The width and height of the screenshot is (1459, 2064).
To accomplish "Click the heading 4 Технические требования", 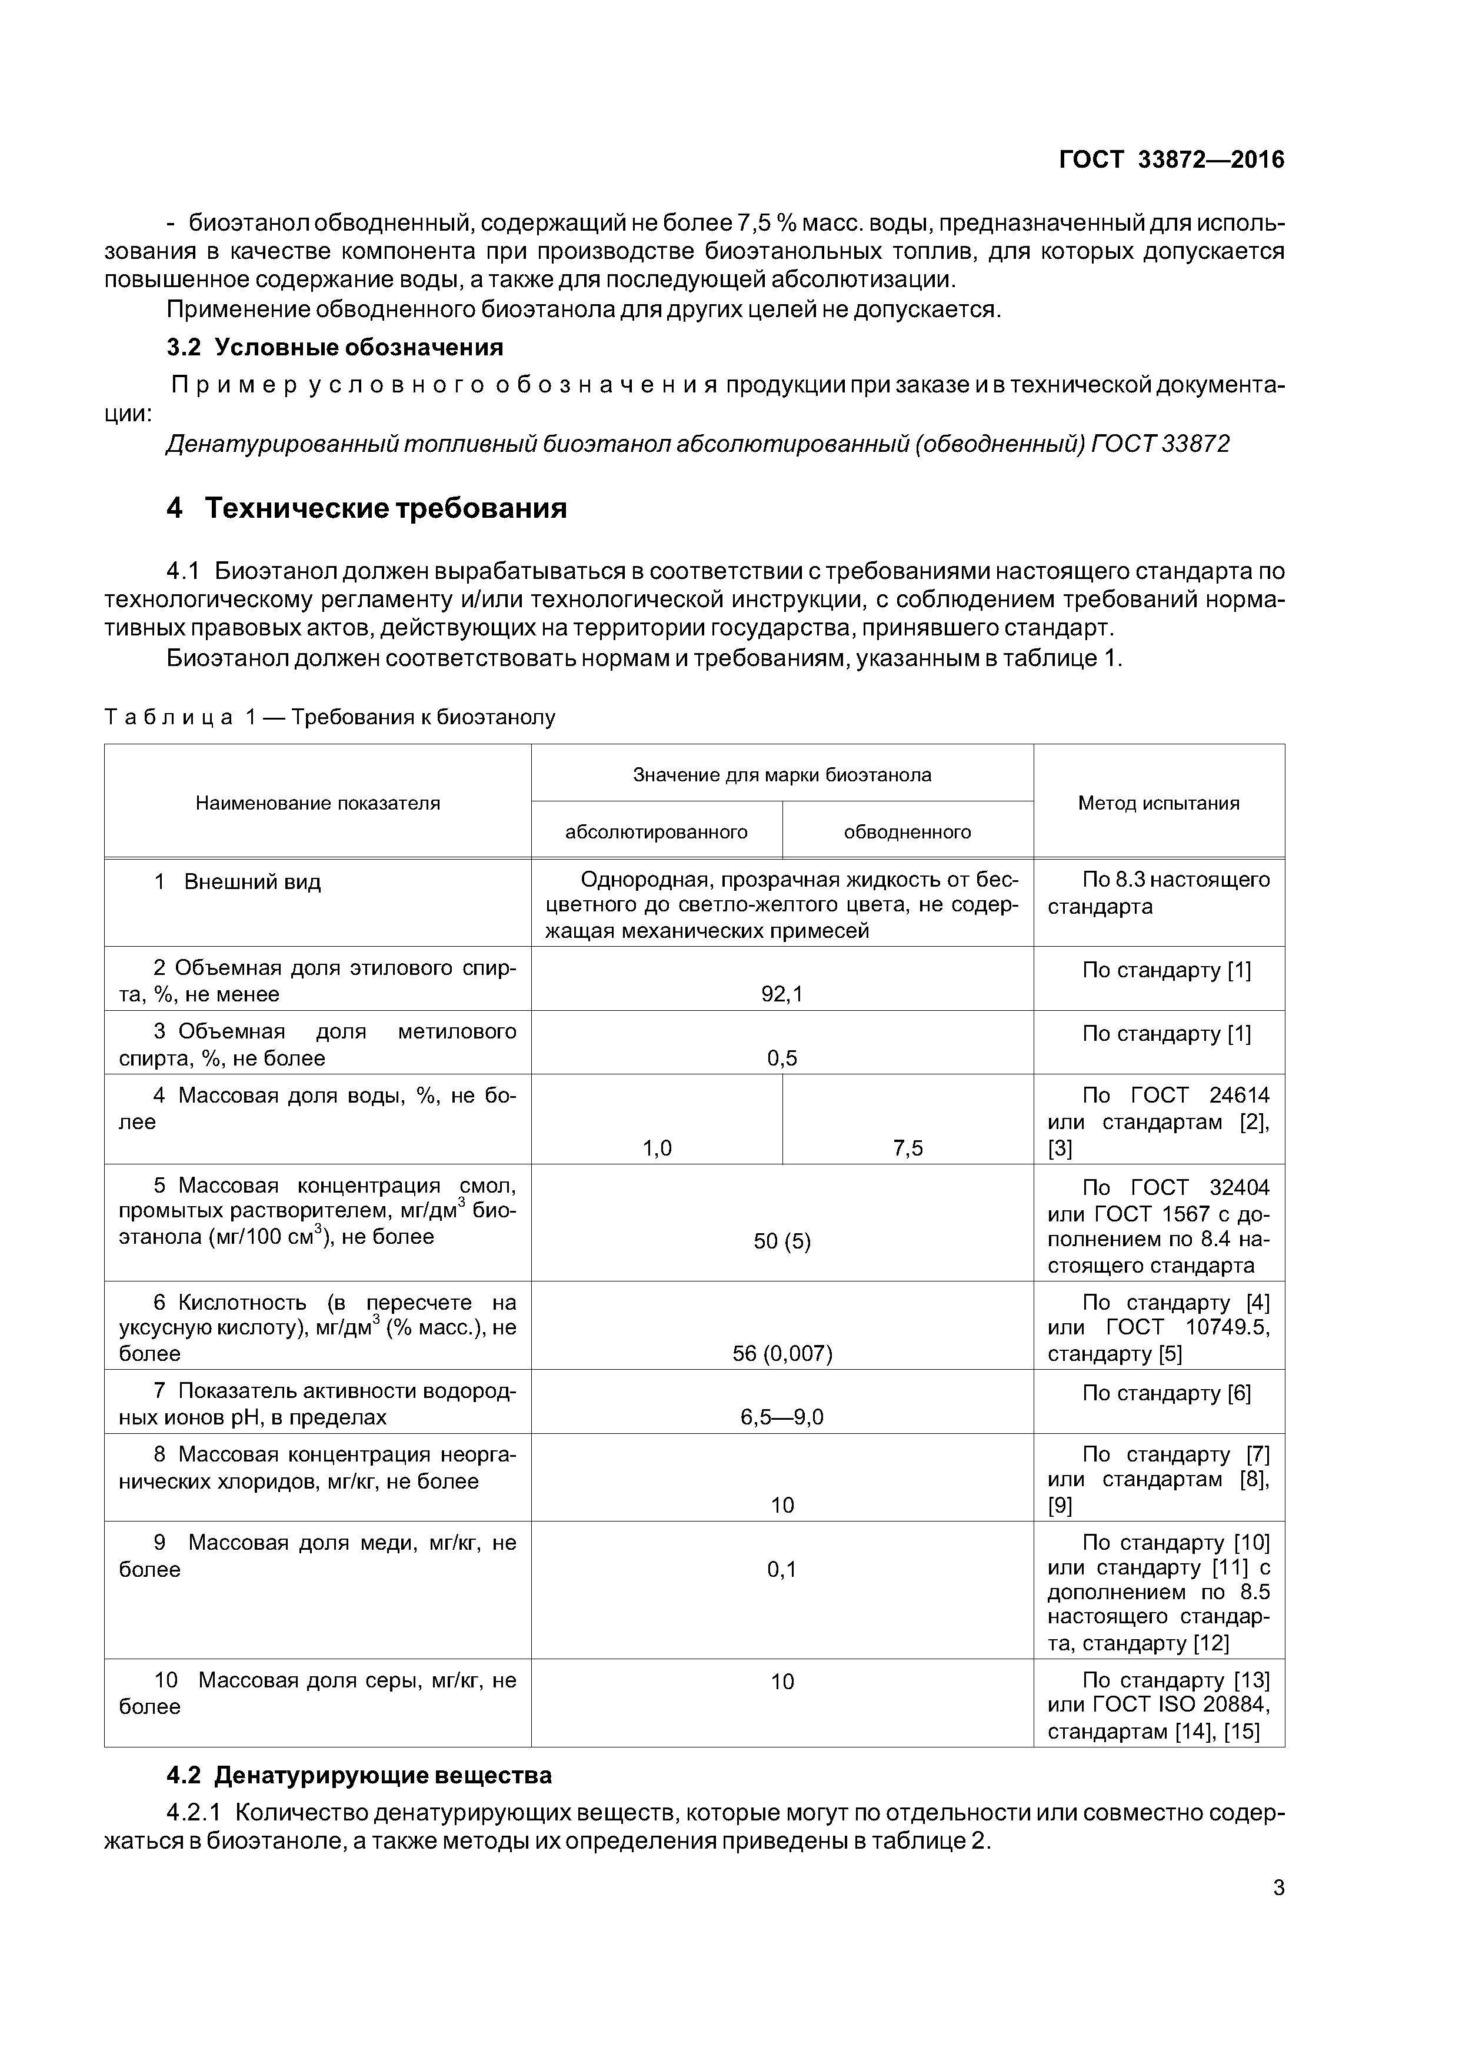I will point(367,509).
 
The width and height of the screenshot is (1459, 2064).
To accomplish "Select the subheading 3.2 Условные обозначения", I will point(334,347).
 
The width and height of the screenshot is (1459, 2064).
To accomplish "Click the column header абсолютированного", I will point(656,831).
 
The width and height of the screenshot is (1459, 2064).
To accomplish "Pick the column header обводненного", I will point(907,831).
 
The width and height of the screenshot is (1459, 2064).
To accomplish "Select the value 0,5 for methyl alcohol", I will point(781,1058).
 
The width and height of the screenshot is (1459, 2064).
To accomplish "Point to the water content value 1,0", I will point(656,1148).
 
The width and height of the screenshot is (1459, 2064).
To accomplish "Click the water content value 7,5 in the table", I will point(907,1148).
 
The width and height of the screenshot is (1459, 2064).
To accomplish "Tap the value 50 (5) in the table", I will point(781,1241).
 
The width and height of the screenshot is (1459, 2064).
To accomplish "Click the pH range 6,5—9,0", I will point(781,1417).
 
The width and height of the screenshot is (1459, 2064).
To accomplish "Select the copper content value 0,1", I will point(781,1570).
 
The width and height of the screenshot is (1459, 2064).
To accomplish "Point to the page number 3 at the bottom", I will point(1278,1888).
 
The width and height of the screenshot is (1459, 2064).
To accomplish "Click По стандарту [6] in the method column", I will point(1166,1393).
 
